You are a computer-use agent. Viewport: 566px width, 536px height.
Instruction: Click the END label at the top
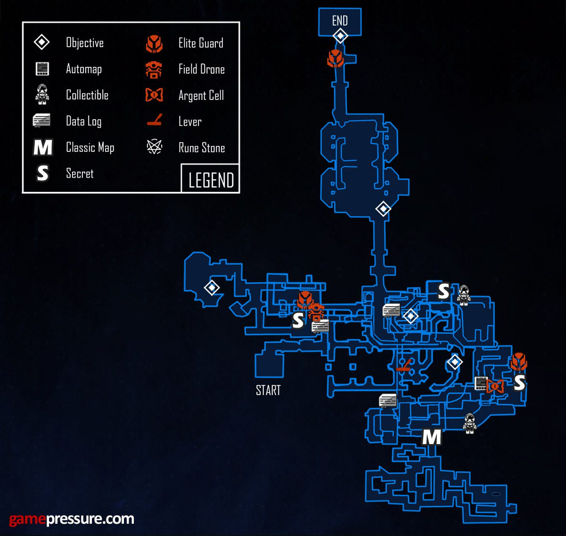coord(340,21)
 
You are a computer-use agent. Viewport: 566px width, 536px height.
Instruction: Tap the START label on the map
coord(268,390)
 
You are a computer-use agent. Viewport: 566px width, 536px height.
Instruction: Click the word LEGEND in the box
coord(211,180)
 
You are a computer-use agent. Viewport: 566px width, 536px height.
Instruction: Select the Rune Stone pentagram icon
coord(154,147)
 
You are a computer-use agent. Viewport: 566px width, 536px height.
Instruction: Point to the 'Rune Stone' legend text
coord(202,148)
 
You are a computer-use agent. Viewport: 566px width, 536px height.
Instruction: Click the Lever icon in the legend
coord(154,120)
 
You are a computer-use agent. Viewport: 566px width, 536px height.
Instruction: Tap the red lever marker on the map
coord(404,364)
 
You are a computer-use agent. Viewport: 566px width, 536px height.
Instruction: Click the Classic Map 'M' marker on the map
coord(431,437)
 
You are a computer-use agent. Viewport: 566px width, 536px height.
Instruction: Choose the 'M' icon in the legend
coord(43,147)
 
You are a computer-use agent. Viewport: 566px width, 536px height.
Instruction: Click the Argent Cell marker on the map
coord(495,386)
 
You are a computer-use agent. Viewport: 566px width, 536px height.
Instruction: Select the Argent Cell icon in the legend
coord(154,95)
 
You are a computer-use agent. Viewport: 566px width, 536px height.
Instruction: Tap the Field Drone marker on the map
coord(316,312)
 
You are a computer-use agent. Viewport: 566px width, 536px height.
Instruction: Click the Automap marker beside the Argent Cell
coord(480,383)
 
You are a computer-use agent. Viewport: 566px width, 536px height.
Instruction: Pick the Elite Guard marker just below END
coord(336,59)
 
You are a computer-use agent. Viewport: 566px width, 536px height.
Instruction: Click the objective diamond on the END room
coord(340,36)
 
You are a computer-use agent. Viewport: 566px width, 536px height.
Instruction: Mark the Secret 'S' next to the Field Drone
coord(298,321)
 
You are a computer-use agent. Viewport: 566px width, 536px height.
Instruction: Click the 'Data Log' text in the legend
coord(83,121)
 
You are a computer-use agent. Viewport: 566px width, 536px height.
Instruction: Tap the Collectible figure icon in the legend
coord(42,94)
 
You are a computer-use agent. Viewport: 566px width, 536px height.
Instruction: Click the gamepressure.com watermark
coord(71,519)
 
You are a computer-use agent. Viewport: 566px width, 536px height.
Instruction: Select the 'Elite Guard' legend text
coord(201,43)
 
